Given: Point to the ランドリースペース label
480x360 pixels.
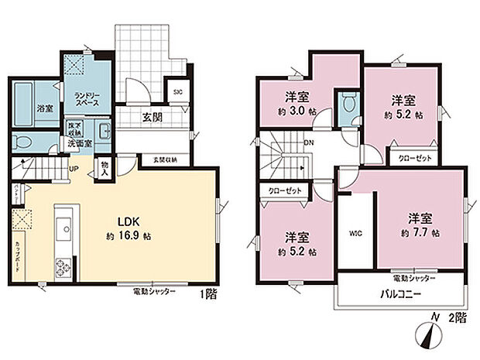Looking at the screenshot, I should click(86, 98).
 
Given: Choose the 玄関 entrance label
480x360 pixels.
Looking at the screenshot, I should click(153, 117).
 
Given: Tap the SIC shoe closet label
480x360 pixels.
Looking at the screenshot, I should click(177, 92).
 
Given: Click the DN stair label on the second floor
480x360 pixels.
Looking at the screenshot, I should click(308, 142).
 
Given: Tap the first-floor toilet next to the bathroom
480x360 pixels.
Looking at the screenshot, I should click(25, 142).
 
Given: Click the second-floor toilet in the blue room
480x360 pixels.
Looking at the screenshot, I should click(346, 103).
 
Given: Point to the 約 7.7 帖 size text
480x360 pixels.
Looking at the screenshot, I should click(420, 231).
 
